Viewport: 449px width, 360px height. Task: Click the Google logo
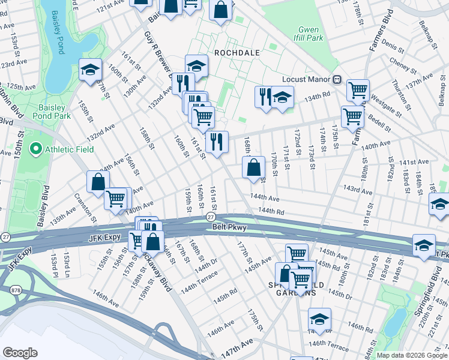click(x=20, y=352)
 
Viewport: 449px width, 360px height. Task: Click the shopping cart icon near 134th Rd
click(x=358, y=90)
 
